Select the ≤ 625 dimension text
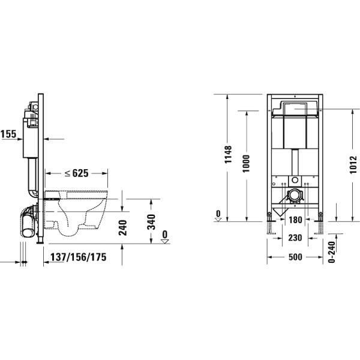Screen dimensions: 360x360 [76, 173]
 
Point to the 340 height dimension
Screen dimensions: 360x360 [151, 224]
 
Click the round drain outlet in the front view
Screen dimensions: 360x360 [295, 196]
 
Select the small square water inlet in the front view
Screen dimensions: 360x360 [294, 179]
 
